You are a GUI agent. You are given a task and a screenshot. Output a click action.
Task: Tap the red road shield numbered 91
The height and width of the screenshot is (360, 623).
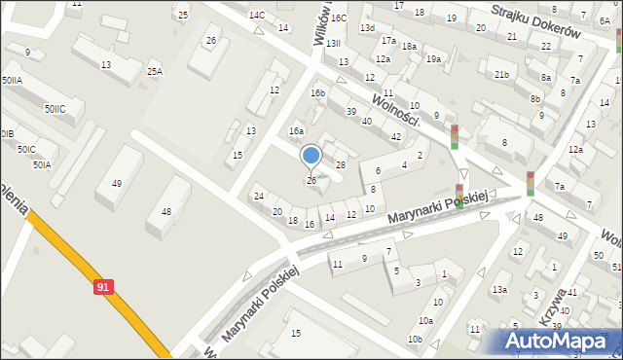point(104,287)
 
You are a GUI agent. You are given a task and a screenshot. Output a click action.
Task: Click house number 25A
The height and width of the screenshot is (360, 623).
point(155,71)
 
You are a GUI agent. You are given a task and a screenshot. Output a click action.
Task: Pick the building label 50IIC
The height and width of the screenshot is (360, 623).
point(55,109)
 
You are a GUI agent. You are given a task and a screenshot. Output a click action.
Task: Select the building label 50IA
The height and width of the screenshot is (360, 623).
point(41,165)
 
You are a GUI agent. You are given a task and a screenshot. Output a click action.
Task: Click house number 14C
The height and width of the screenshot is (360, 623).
point(257,16)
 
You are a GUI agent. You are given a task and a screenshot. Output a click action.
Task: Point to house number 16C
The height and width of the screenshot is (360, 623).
point(338,18)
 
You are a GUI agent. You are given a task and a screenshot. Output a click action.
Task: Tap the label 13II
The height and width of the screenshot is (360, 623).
point(333,44)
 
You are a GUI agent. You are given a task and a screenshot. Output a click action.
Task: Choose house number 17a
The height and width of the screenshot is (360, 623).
point(388,41)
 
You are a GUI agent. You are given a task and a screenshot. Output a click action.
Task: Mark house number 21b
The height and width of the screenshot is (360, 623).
point(501,75)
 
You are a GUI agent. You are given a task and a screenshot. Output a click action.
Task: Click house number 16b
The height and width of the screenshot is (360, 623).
point(317,93)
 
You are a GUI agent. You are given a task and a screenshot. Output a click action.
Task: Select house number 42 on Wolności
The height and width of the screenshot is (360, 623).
point(395,136)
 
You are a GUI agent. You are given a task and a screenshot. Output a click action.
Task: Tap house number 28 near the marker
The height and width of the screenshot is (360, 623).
point(341,165)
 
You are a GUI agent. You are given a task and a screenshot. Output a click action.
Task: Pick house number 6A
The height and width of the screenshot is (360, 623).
point(605,19)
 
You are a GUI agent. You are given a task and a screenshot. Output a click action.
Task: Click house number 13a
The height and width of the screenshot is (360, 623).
point(499,289)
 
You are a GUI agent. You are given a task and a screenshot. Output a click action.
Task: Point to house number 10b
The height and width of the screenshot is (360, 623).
point(415,339)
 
